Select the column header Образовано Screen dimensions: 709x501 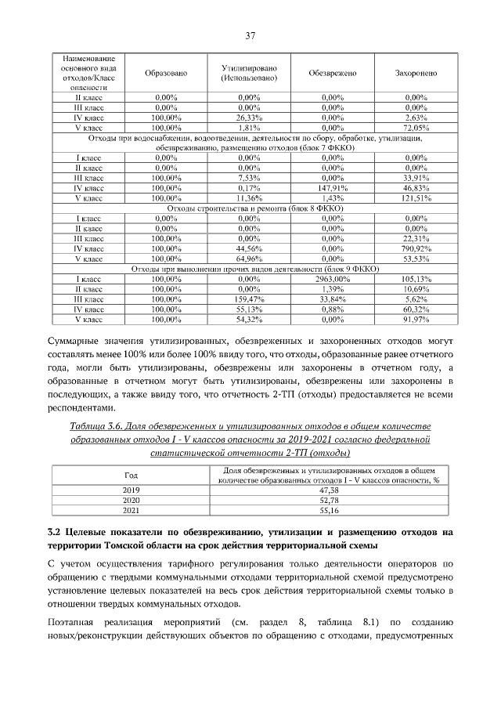click(166, 73)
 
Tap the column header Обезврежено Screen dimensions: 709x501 click(332, 73)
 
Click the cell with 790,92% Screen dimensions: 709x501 click(416, 248)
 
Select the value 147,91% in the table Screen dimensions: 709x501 click(332, 188)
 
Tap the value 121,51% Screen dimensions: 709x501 click(416, 198)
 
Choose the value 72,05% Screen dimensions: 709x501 click(416, 127)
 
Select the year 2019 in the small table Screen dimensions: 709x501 click(131, 489)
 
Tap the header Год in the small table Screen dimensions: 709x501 click(131, 474)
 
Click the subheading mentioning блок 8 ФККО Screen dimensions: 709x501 click(250, 208)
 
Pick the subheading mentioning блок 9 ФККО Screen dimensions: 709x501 click(250, 269)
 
